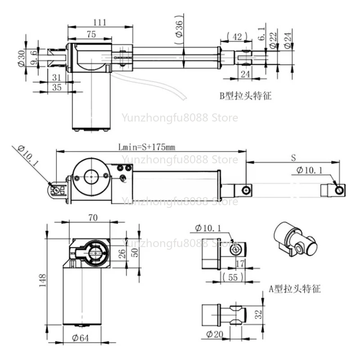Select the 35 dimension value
(57, 87)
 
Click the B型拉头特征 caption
(245, 96)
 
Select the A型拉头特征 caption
(295, 288)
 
